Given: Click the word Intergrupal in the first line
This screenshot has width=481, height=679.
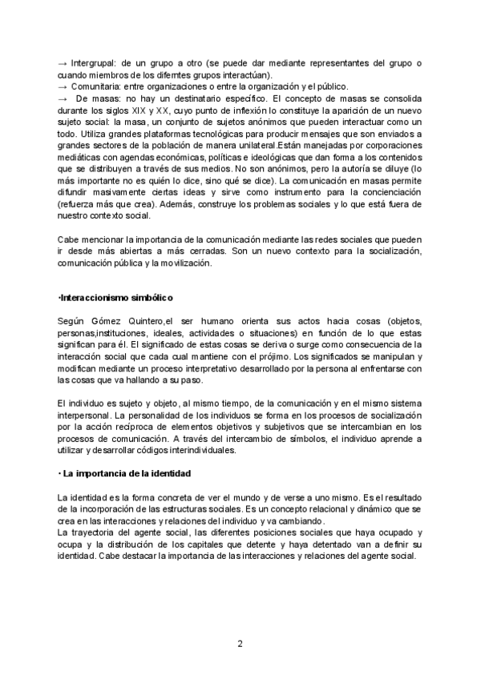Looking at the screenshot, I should point(94,63).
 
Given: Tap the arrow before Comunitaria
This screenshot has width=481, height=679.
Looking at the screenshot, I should point(63,86).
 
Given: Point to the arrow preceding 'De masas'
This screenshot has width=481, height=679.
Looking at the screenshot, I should point(63,97).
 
